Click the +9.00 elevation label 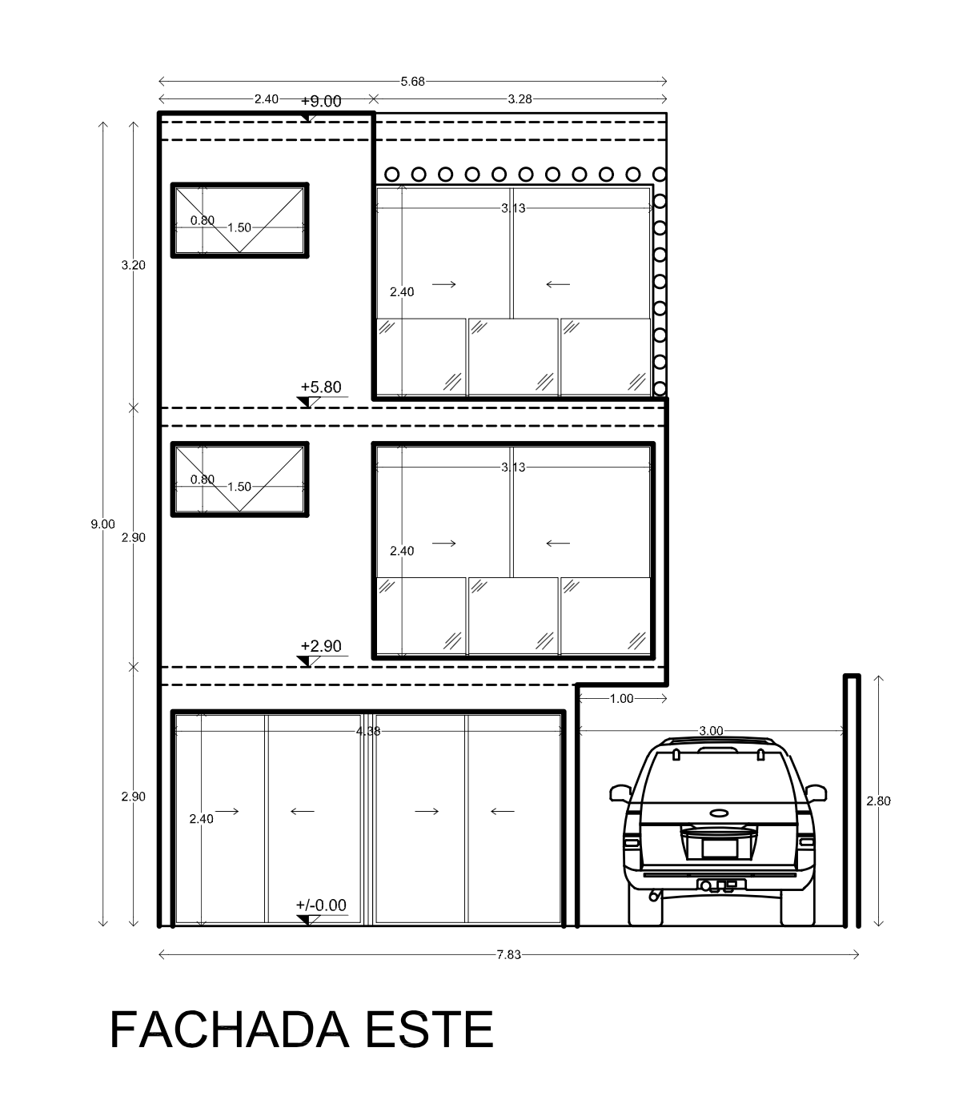click(321, 102)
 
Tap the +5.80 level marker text click(321, 387)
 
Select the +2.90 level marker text click(321, 646)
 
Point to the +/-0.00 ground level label click(321, 905)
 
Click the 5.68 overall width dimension click(413, 82)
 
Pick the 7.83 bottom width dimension click(509, 955)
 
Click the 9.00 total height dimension click(102, 524)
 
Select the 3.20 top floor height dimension click(133, 266)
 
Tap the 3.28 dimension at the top click(520, 99)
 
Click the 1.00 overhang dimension click(621, 699)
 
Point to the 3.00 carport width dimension click(711, 731)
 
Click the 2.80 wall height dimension click(878, 801)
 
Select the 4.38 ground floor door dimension click(368, 732)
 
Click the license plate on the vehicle click(720, 848)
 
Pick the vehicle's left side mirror click(620, 793)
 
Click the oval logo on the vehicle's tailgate click(720, 813)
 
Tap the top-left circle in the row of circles click(392, 175)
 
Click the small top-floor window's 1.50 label click(239, 228)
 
